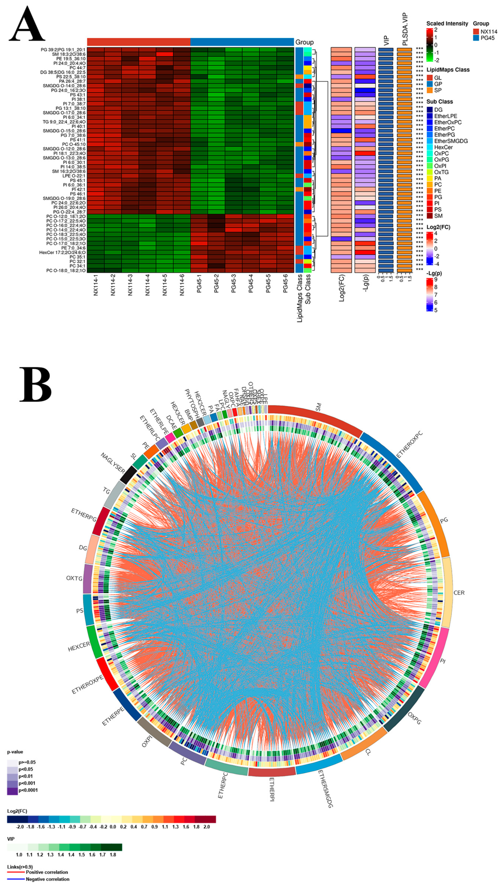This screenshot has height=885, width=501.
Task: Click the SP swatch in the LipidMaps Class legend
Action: [x=430, y=90]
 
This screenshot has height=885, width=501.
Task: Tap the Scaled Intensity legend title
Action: [x=447, y=24]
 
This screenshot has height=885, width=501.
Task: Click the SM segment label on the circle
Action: [x=318, y=408]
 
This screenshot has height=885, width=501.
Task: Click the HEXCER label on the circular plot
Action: [x=79, y=647]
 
